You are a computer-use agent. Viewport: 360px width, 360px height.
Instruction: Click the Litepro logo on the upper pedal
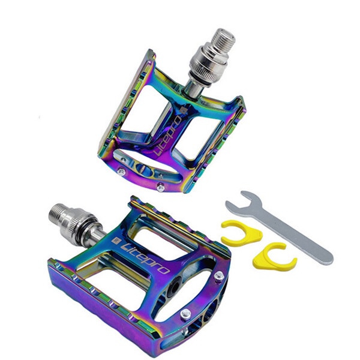click(x=167, y=136)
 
